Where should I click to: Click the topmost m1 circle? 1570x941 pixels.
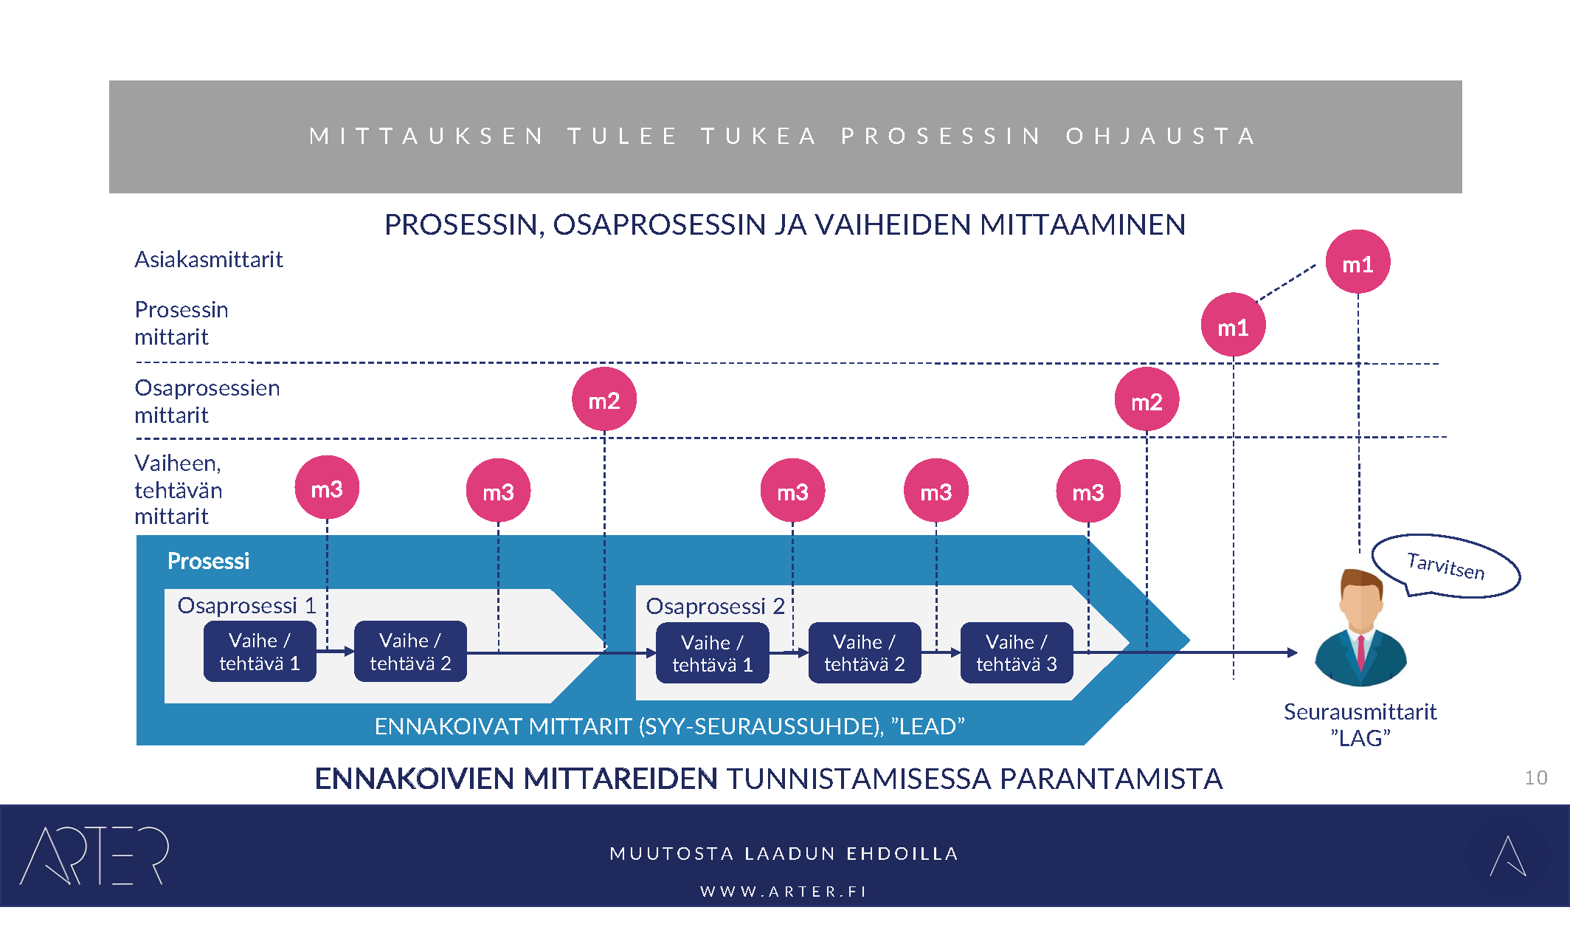(1358, 262)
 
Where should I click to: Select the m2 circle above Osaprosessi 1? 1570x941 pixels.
(604, 399)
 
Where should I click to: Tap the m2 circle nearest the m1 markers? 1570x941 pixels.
(1147, 400)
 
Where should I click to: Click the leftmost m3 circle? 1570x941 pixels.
(327, 488)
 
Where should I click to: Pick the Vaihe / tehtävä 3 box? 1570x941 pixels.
(1016, 652)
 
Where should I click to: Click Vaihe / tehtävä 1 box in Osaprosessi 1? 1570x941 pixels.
(260, 652)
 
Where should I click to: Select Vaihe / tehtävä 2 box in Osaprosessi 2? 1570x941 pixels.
(864, 652)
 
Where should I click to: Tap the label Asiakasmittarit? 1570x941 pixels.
(209, 260)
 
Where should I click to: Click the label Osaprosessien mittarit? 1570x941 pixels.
(207, 401)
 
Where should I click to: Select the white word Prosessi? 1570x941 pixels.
(208, 561)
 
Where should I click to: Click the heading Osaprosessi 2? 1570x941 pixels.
(715, 606)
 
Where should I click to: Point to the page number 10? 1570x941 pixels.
(1535, 778)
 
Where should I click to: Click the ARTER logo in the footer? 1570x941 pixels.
(94, 855)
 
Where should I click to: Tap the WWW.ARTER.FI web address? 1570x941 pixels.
(784, 892)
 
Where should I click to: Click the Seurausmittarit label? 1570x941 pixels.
(1360, 712)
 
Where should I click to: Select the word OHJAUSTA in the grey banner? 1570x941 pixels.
(1161, 137)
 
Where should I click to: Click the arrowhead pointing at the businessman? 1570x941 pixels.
(1292, 652)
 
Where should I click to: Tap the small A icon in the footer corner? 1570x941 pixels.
(1507, 856)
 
